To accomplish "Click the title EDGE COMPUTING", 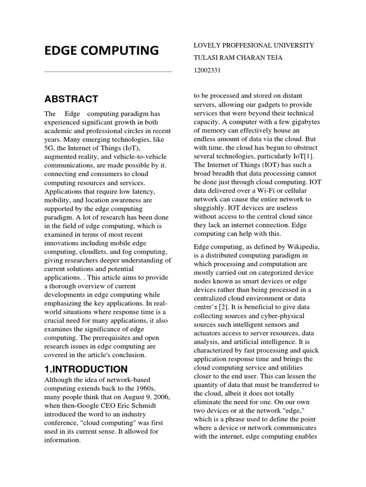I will coord(101,50).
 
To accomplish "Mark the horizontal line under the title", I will coord(108,72).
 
